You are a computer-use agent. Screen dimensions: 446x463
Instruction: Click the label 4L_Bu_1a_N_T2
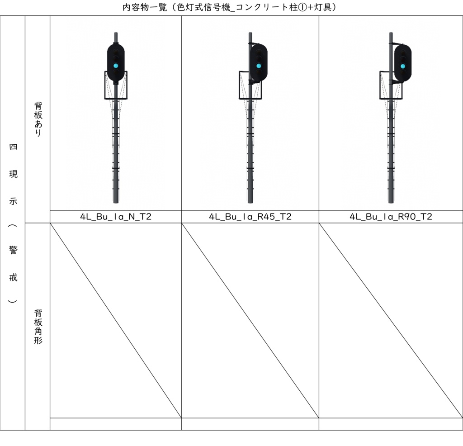tap(116, 217)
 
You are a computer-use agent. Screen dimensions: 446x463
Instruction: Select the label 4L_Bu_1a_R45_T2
tap(250, 217)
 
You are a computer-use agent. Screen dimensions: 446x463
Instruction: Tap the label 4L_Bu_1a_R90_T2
tap(391, 217)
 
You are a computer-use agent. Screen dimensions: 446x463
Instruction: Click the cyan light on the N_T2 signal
tap(116, 66)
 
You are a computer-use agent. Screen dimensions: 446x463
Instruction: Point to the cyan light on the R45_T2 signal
tap(259, 66)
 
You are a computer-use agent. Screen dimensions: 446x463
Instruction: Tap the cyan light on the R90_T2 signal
tap(402, 66)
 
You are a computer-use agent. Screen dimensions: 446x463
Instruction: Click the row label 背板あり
tap(38, 119)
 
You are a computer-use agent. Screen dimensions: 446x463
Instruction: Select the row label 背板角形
tap(38, 326)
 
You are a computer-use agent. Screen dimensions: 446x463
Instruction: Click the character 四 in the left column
tap(13, 147)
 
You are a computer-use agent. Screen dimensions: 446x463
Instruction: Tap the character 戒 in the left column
tap(13, 277)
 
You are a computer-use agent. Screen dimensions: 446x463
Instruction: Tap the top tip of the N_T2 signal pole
tap(116, 33)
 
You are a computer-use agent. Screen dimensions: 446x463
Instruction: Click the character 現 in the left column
tap(13, 174)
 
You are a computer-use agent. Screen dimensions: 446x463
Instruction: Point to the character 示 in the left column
tap(13, 201)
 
